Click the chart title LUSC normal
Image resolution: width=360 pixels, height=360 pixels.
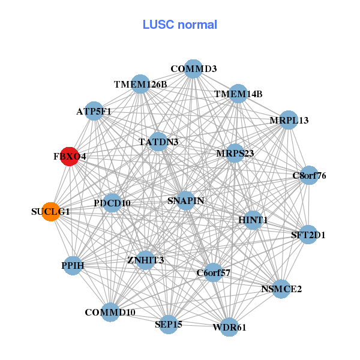click(179, 25)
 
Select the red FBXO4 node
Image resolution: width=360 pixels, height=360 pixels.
click(70, 157)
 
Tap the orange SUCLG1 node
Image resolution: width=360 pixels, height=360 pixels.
click(51, 211)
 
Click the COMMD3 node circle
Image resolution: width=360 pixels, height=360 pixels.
click(193, 69)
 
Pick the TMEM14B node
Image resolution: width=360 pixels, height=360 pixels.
click(238, 94)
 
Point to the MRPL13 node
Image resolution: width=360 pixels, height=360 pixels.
click(289, 120)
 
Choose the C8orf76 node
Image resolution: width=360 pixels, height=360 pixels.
click(309, 176)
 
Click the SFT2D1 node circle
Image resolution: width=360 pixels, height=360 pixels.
click(308, 235)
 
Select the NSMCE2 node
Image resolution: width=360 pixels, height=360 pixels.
click(281, 289)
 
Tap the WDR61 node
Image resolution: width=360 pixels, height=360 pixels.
click(229, 327)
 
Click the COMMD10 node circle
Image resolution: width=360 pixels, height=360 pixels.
click(110, 313)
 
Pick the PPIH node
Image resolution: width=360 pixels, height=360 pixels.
click(73, 265)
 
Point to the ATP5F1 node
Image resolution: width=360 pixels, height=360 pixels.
click(94, 111)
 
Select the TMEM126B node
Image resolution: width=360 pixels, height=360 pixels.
click(140, 85)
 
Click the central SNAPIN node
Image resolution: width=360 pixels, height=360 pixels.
click(185, 200)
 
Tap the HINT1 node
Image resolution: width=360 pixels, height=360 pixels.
click(253, 220)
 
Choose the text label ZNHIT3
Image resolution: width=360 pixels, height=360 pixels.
click(145, 260)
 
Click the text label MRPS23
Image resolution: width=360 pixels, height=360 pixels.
click(235, 154)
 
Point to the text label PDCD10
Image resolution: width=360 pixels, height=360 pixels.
click(112, 203)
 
